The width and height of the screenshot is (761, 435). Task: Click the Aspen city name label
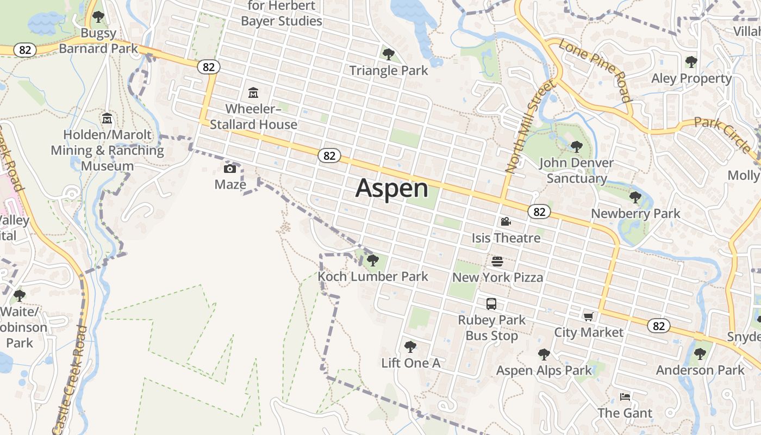tap(391, 189)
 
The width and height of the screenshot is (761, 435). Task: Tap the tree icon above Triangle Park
tap(388, 54)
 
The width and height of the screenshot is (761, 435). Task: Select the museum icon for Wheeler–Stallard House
tap(253, 93)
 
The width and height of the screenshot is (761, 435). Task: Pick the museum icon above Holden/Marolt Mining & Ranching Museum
tap(107, 118)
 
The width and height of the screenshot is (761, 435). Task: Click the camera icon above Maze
tap(230, 169)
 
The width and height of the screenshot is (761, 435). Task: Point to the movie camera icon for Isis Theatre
tap(506, 222)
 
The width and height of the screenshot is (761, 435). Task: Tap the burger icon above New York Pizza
tap(497, 262)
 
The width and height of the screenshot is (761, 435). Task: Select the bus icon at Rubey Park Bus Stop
tap(491, 304)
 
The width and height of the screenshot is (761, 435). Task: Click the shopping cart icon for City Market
tap(588, 316)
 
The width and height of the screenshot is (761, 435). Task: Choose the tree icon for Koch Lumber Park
tap(372, 260)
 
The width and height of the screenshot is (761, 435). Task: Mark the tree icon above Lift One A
tap(410, 346)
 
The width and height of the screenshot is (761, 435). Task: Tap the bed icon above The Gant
tap(625, 397)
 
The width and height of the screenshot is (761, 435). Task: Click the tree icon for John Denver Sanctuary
tap(576, 147)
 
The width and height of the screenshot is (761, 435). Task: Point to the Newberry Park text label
tap(635, 214)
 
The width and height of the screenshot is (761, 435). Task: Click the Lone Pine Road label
tap(595, 71)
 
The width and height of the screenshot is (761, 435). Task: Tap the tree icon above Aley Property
tap(691, 62)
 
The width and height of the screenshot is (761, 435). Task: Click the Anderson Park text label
tap(700, 370)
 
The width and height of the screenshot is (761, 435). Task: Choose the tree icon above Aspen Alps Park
tap(544, 355)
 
